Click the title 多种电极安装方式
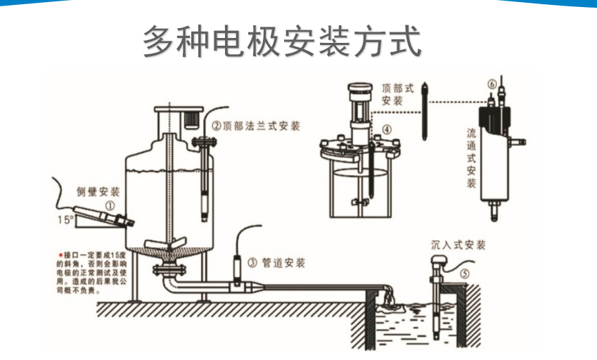pyautogui.click(x=282, y=41)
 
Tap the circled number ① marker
pyautogui.click(x=110, y=206)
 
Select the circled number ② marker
pyautogui.click(x=216, y=127)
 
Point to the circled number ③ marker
pyautogui.click(x=252, y=263)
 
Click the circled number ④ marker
pyautogui.click(x=385, y=130)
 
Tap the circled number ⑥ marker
pyautogui.click(x=491, y=83)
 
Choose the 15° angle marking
pyautogui.click(x=65, y=220)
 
